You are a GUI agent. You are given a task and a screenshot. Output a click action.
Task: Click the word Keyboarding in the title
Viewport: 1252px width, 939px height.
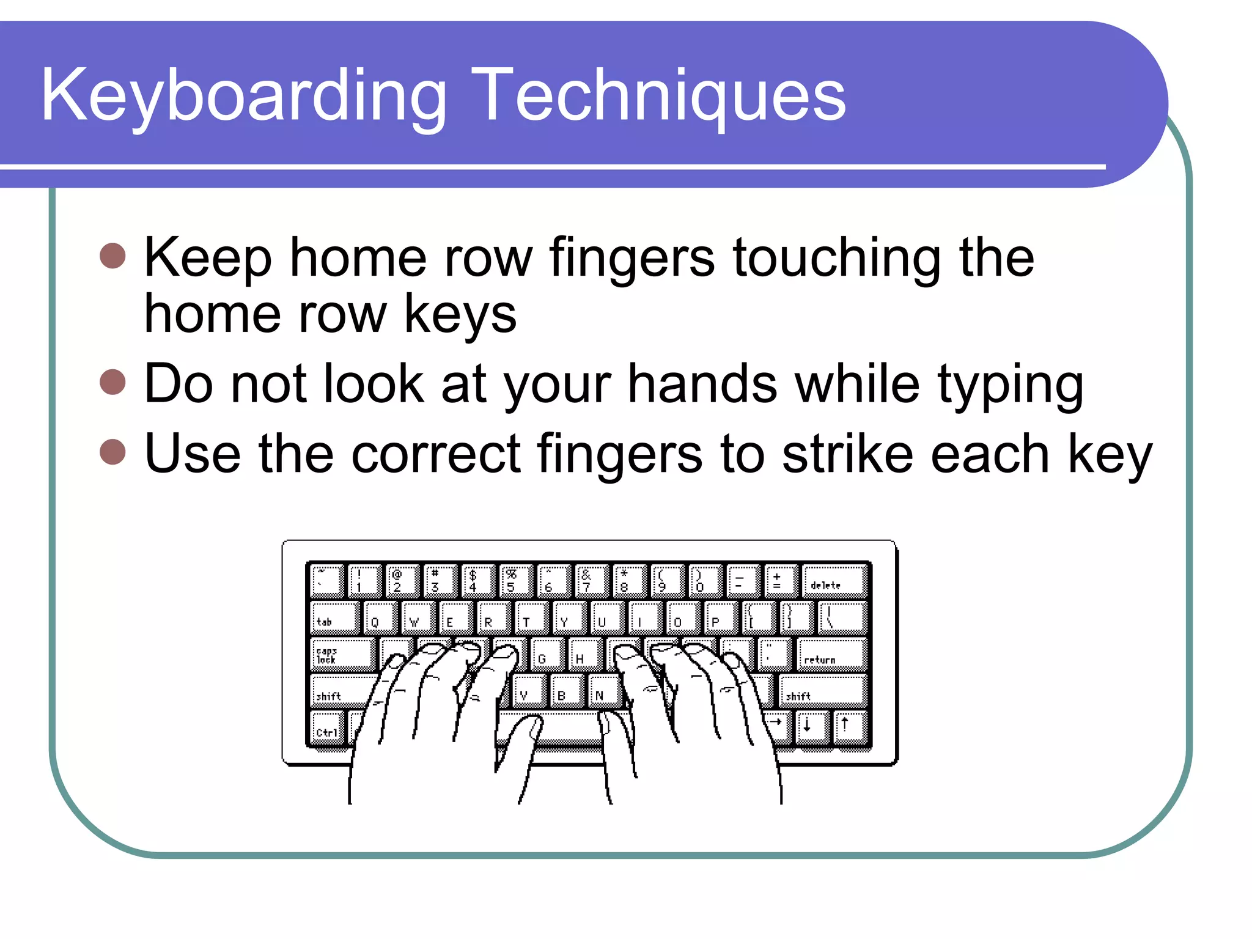243,97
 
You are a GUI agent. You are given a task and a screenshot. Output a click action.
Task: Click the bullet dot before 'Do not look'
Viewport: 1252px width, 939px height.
112,383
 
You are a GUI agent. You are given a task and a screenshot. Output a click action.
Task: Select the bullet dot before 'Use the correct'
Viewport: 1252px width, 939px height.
112,452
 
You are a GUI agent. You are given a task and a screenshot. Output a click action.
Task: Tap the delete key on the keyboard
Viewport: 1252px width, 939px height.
834,580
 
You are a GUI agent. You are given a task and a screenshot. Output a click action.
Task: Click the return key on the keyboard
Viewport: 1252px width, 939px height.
831,654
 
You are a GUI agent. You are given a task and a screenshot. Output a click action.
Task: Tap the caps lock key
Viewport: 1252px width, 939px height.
342,654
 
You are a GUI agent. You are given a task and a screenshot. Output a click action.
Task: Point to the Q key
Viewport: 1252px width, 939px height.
379,617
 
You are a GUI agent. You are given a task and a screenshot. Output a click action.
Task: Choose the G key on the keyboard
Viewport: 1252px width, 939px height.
546,654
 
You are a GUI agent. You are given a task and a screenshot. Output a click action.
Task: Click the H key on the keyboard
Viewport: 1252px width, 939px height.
584,654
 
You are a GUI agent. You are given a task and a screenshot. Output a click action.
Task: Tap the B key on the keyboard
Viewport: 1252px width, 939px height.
565,690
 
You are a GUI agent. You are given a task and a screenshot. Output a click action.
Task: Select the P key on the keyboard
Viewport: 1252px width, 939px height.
720,617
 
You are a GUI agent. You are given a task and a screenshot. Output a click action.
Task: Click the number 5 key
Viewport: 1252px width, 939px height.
515,580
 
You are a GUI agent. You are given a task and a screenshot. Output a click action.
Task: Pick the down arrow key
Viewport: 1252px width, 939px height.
811,726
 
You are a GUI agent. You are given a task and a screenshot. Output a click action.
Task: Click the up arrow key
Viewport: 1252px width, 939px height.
849,726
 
